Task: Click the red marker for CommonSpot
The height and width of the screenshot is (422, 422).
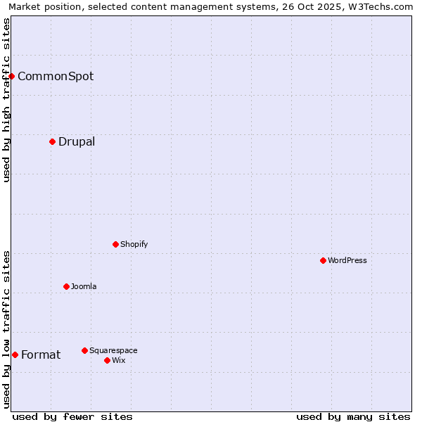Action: [x=12, y=76]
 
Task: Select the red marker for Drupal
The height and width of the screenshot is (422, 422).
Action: [x=52, y=141]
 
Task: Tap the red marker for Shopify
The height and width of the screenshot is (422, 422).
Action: [x=115, y=244]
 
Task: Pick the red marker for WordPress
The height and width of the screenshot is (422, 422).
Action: [x=323, y=260]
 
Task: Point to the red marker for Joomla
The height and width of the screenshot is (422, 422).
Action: [x=66, y=286]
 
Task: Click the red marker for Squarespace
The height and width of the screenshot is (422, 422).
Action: [x=84, y=350]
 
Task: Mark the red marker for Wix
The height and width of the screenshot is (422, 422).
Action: [x=107, y=360]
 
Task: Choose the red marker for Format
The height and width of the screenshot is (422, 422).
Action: [x=15, y=354]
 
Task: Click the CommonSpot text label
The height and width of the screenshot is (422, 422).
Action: [x=56, y=76]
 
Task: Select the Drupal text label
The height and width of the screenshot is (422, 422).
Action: [x=77, y=141]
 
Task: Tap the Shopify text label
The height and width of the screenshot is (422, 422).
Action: [x=134, y=244]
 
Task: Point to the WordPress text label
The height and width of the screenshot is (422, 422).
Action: [x=347, y=260]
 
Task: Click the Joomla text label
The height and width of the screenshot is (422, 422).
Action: [x=84, y=286]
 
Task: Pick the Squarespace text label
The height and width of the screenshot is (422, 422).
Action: [x=113, y=350]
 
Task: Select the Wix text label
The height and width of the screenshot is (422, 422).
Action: [x=118, y=360]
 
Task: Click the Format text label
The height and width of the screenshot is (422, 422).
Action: [x=41, y=354]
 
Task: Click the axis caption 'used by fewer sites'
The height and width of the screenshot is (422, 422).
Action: [x=72, y=416]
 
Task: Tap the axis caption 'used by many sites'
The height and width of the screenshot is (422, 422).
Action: [x=353, y=416]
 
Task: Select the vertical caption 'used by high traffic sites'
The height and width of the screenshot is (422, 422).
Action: [x=7, y=100]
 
